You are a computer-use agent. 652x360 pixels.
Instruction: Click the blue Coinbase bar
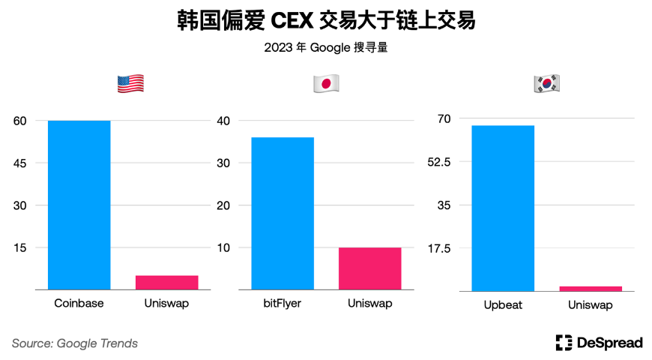pyautogui.click(x=79, y=205)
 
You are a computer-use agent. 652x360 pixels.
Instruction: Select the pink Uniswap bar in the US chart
pyautogui.click(x=166, y=282)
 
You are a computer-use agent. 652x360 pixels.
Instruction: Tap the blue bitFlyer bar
pyautogui.click(x=282, y=213)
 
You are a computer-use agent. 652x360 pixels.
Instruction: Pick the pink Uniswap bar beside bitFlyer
pyautogui.click(x=369, y=268)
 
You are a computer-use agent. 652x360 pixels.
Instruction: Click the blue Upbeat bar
pyautogui.click(x=503, y=208)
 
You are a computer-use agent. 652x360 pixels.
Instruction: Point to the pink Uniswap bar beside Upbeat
pyautogui.click(x=590, y=288)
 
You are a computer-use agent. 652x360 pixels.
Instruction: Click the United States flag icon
pyautogui.click(x=130, y=84)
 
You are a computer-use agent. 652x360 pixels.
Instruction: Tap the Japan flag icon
pyautogui.click(x=326, y=84)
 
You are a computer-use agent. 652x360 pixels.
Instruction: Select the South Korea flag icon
pyautogui.click(x=546, y=84)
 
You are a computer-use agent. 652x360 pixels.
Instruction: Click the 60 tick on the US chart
pyautogui.click(x=19, y=121)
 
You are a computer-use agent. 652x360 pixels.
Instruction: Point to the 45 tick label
pyautogui.click(x=19, y=163)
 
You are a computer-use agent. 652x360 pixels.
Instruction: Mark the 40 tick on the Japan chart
pyautogui.click(x=224, y=121)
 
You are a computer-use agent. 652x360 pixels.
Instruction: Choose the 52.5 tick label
pyautogui.click(x=447, y=162)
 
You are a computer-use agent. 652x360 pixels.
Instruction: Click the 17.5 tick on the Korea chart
pyautogui.click(x=447, y=248)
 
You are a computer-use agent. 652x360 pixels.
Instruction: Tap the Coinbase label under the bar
pyautogui.click(x=79, y=304)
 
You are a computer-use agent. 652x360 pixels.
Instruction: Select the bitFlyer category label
pyautogui.click(x=282, y=304)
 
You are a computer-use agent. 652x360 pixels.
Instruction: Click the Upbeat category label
pyautogui.click(x=503, y=305)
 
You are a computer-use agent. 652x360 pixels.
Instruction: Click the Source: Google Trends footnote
pyautogui.click(x=75, y=343)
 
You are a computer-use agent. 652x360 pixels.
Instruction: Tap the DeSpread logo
pyautogui.click(x=599, y=343)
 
